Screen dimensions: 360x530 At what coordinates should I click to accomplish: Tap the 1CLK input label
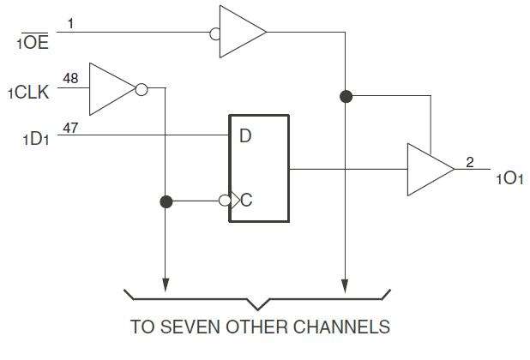pyautogui.click(x=29, y=91)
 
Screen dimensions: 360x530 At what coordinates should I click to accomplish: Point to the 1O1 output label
pyautogui.click(x=508, y=178)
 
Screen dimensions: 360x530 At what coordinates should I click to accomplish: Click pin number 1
pyautogui.click(x=70, y=24)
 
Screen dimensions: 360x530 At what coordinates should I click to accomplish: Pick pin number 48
pyautogui.click(x=70, y=79)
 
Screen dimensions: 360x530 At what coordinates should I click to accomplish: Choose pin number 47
pyautogui.click(x=70, y=127)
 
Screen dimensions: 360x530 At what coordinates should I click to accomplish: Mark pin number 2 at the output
pyautogui.click(x=469, y=160)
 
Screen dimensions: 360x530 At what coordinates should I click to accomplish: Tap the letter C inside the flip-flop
pyautogui.click(x=246, y=201)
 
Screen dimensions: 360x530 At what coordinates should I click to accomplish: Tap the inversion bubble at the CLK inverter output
pyautogui.click(x=141, y=87)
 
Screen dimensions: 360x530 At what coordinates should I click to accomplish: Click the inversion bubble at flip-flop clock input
pyautogui.click(x=224, y=201)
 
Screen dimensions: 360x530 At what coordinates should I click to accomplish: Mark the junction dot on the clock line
pyautogui.click(x=166, y=201)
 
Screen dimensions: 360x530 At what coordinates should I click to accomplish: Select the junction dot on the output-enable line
pyautogui.click(x=346, y=95)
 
